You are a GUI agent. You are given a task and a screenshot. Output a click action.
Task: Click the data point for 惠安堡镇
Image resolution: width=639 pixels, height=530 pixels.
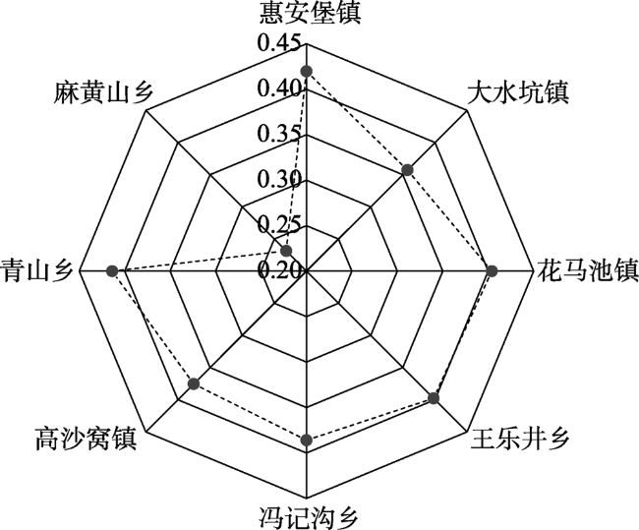click(306, 72)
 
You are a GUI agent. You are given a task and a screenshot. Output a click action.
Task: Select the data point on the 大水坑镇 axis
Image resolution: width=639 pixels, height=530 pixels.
click(407, 170)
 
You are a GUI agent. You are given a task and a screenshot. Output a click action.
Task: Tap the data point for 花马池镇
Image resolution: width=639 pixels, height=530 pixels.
click(492, 270)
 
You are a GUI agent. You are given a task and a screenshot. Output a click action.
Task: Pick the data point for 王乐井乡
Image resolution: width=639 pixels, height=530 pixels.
click(434, 398)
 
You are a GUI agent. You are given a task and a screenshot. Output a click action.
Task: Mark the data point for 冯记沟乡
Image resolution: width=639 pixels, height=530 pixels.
click(307, 441)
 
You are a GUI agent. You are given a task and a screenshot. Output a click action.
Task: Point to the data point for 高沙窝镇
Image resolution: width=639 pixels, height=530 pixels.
click(194, 383)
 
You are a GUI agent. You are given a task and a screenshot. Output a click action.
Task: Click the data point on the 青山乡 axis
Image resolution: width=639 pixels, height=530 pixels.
click(112, 270)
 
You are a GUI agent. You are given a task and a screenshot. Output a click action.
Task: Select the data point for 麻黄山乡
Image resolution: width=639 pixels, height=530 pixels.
click(287, 251)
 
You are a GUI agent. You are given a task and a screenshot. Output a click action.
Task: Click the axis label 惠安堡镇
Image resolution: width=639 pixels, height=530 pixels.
click(311, 14)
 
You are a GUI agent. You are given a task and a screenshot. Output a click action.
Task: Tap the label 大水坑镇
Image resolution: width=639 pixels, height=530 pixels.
click(517, 93)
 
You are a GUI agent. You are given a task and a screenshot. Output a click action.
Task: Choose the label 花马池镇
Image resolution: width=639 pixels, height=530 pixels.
click(588, 269)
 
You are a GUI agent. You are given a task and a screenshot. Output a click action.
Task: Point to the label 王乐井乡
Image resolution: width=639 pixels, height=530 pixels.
click(520, 440)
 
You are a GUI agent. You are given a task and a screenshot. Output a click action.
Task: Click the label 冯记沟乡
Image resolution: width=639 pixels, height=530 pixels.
click(309, 518)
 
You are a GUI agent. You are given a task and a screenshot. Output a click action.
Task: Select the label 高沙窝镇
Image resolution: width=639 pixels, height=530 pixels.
click(86, 440)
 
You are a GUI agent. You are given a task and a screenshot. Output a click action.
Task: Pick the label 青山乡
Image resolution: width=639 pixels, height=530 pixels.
click(36, 269)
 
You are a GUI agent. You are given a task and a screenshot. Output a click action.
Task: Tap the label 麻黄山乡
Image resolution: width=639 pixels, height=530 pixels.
click(103, 92)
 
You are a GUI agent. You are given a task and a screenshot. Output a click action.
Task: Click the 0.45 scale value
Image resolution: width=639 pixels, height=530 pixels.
click(279, 42)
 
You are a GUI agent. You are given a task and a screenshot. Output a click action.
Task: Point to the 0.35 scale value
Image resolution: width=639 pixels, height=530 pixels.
click(279, 133)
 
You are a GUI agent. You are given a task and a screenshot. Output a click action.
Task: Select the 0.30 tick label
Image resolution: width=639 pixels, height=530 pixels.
click(279, 178)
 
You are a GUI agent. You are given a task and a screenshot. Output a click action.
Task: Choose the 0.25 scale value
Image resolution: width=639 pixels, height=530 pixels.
click(279, 223)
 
